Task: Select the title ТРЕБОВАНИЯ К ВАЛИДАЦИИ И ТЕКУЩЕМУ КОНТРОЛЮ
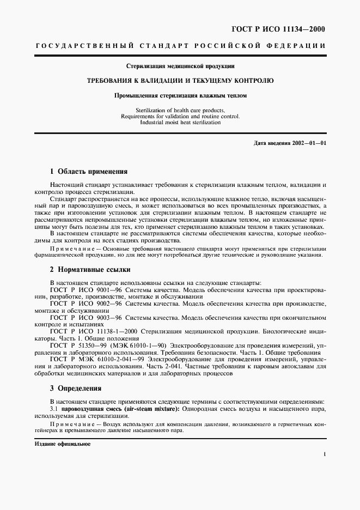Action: pos(180,80)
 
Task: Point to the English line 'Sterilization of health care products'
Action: pos(180,110)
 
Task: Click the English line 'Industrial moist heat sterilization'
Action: pos(180,123)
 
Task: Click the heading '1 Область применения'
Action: pos(88,171)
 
